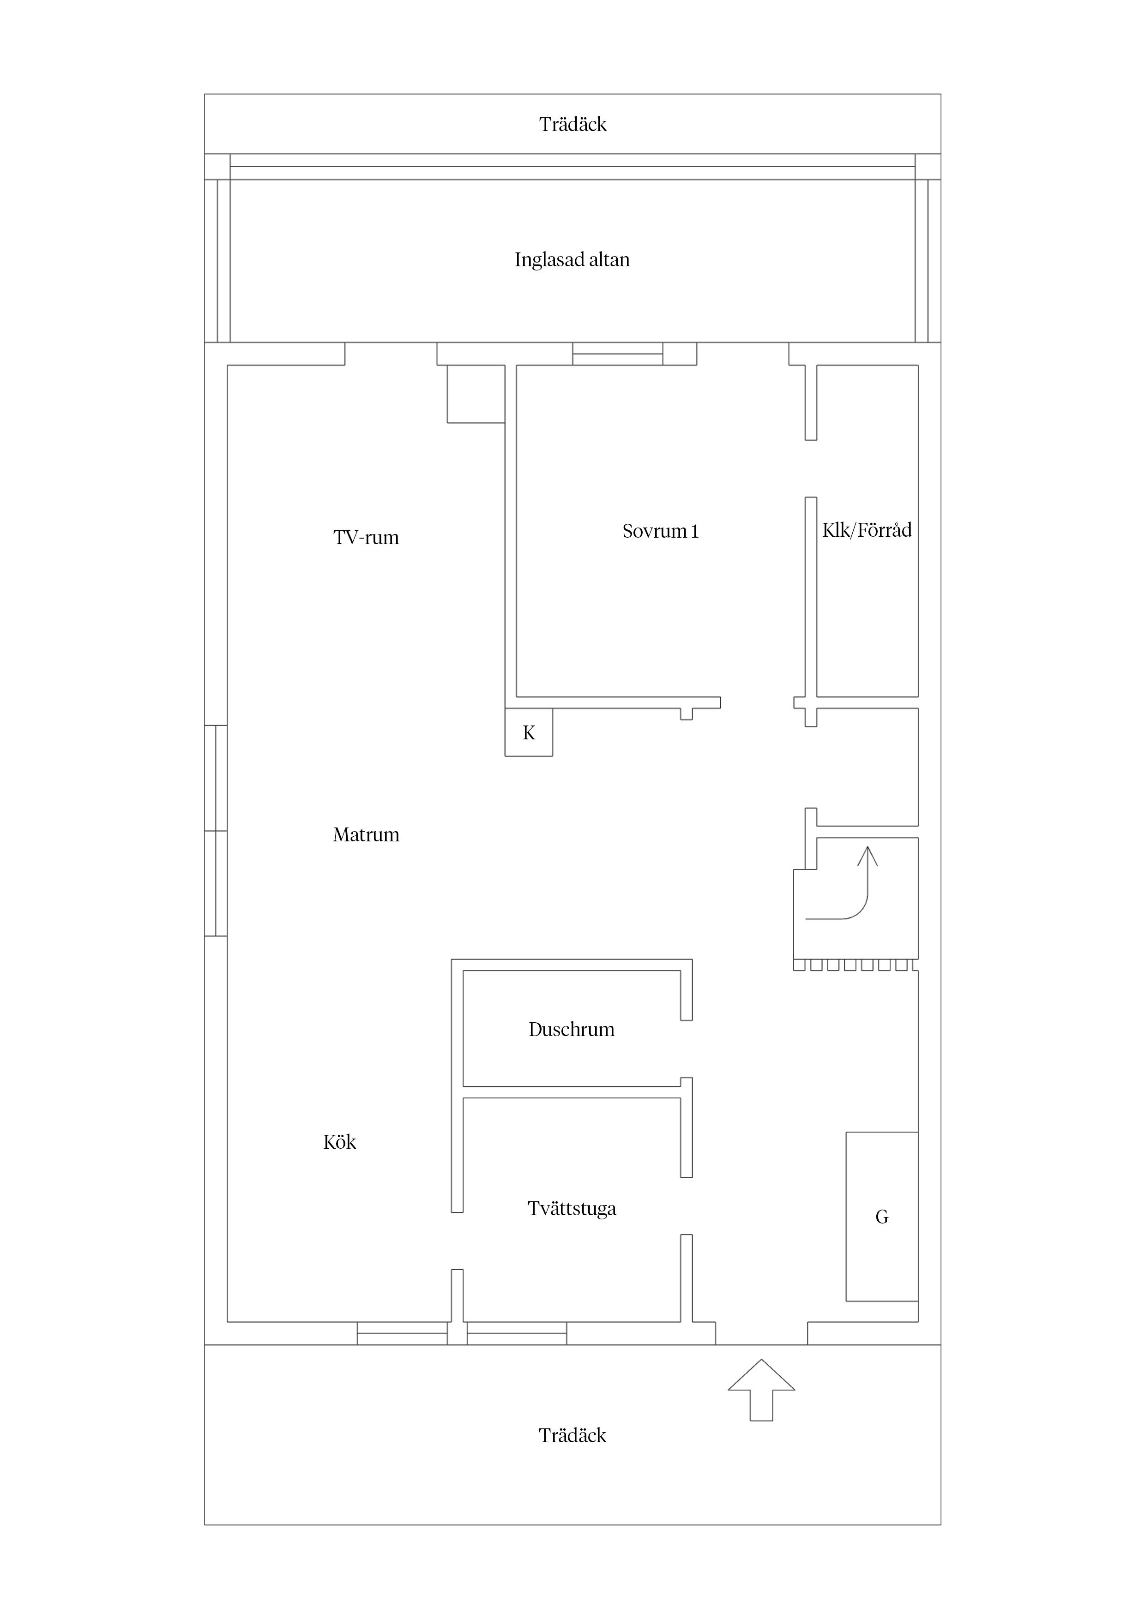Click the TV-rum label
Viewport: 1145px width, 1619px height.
(366, 538)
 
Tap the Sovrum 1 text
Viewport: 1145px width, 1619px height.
(660, 531)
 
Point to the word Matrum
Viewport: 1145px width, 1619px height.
(366, 835)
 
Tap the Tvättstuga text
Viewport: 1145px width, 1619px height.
(572, 1209)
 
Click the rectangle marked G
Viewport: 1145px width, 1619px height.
(881, 1217)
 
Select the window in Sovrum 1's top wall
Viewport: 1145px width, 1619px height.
(617, 354)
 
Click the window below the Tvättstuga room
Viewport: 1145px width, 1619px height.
(517, 1333)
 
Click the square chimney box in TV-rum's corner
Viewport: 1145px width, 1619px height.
(476, 394)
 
